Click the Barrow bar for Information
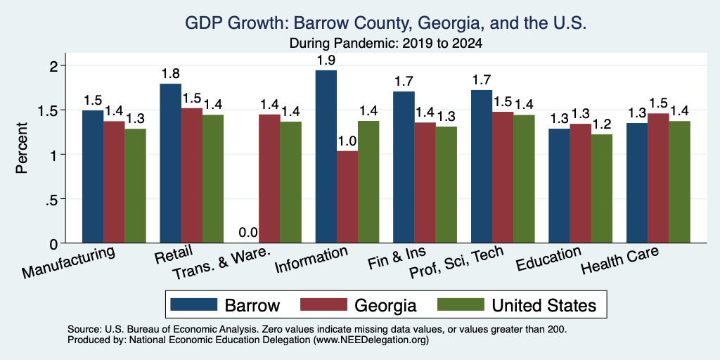[326, 157]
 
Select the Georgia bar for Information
[347, 197]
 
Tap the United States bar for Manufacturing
[135, 186]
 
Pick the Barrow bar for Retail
[170, 163]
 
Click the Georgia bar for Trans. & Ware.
[269, 179]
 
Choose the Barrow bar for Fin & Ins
[404, 167]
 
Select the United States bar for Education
[602, 188]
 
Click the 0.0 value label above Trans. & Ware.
[248, 233]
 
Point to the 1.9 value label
[326, 60]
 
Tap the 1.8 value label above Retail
[170, 73]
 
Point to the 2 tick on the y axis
[55, 65]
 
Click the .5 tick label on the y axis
[54, 199]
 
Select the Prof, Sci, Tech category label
[456, 263]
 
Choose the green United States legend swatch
[460, 304]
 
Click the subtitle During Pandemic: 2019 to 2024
[385, 44]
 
